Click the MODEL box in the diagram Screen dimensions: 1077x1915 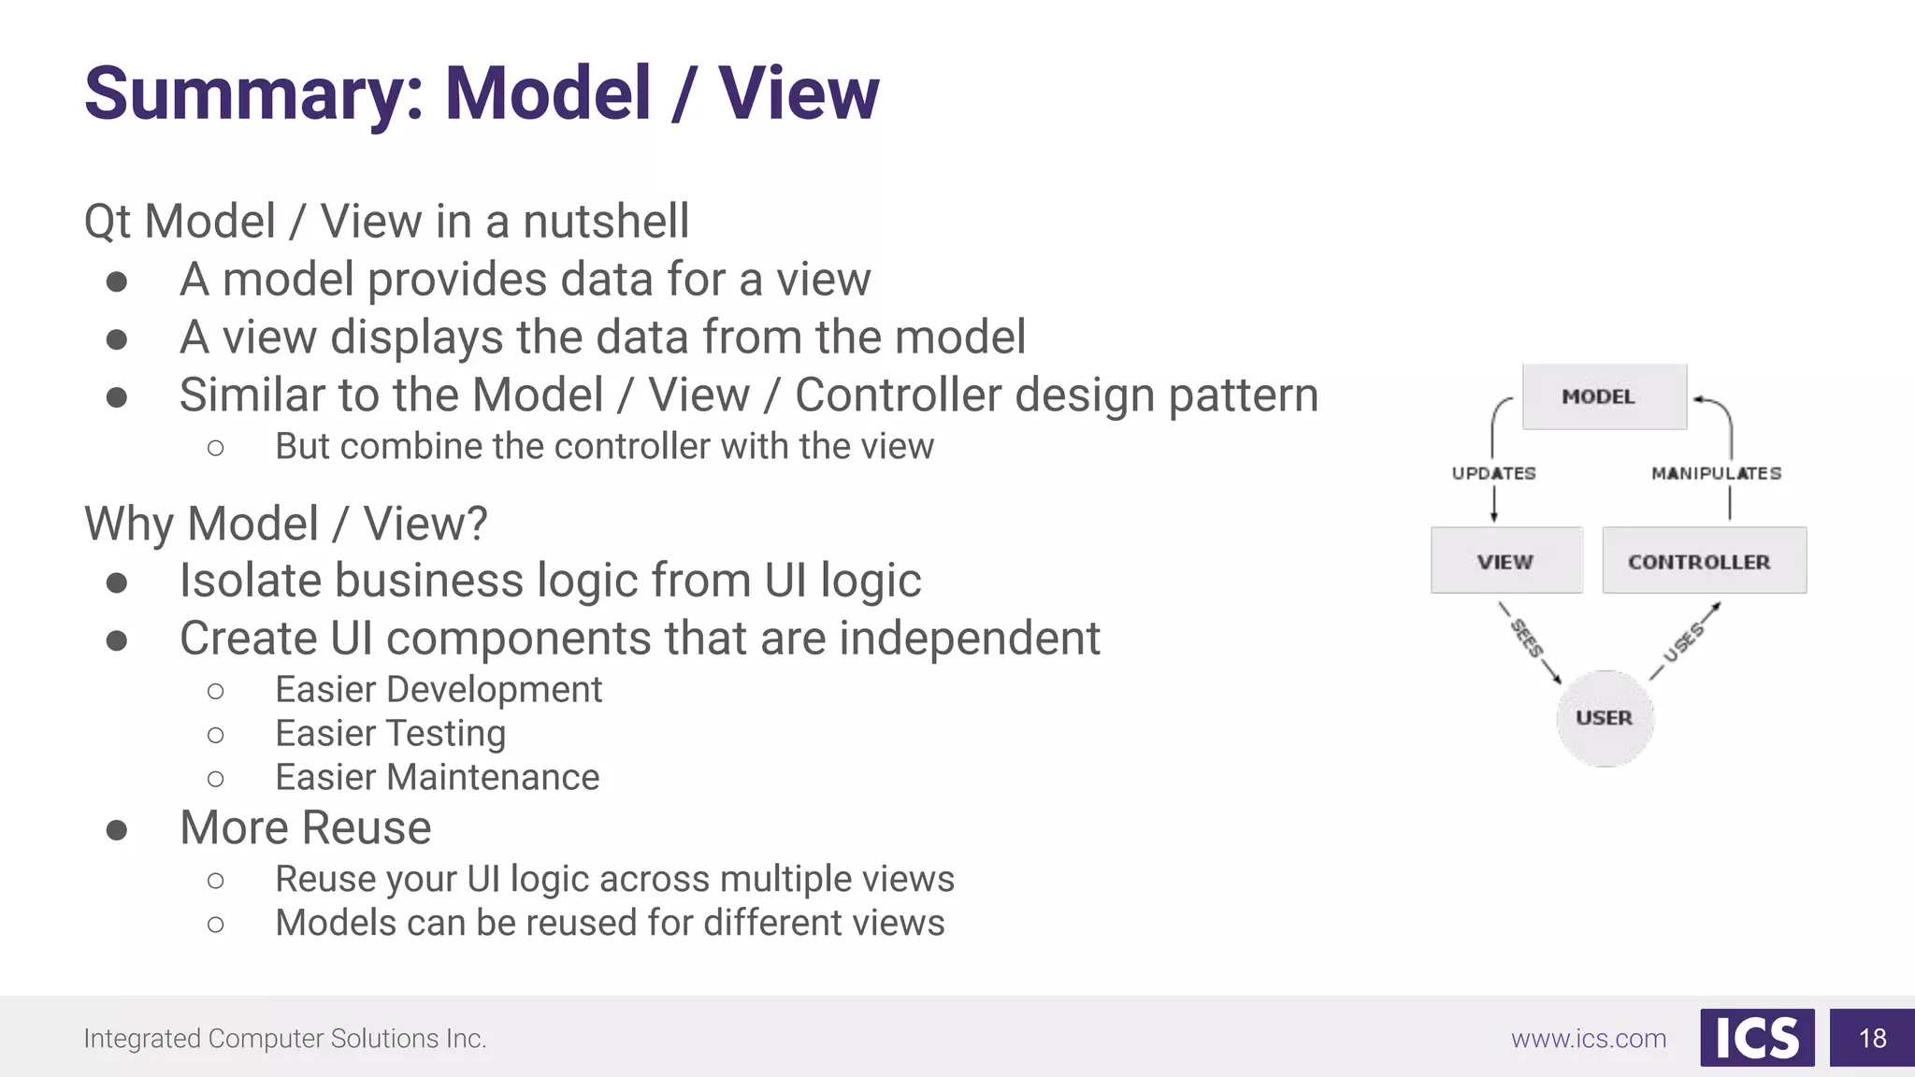pyautogui.click(x=1604, y=397)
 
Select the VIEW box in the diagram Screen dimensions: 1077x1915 pyautogui.click(x=1506, y=561)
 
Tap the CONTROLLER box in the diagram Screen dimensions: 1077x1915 pyautogui.click(x=1704, y=561)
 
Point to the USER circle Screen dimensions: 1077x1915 pyautogui.click(x=1605, y=718)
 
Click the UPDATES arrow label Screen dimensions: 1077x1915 pyautogui.click(x=1493, y=473)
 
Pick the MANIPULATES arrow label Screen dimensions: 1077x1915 pyautogui.click(x=1716, y=473)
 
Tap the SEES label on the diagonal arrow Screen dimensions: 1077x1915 pyautogui.click(x=1527, y=639)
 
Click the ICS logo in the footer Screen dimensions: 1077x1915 pyautogui.click(x=1757, y=1038)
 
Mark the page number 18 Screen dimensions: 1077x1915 pyautogui.click(x=1872, y=1038)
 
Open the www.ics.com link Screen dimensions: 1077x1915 pyautogui.click(x=1589, y=1039)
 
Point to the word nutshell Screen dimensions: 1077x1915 pyautogui.click(x=605, y=222)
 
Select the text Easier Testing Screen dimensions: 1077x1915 pyautogui.click(x=390, y=733)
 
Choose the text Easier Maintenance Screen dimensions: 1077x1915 pyautogui.click(x=437, y=777)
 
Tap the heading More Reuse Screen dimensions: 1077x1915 pyautogui.click(x=306, y=827)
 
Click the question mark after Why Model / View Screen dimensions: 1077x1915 pyautogui.click(x=476, y=524)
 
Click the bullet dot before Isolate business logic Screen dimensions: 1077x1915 pyautogui.click(x=117, y=583)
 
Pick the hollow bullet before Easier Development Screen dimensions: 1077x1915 pyautogui.click(x=216, y=691)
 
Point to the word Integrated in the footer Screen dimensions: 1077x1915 pyautogui.click(x=142, y=1039)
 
